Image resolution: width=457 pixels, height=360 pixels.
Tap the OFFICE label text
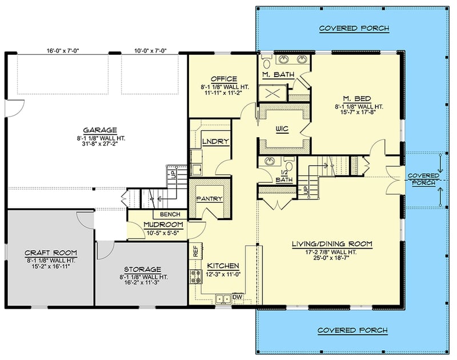point(220,79)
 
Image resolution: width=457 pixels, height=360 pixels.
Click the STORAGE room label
point(142,269)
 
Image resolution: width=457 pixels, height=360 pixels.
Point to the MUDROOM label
point(163,225)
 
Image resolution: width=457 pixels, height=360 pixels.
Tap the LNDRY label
point(216,141)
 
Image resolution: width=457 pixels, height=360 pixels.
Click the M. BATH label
point(275,75)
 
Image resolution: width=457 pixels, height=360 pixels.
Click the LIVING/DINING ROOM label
point(331,244)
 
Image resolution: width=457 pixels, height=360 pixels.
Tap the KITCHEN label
point(223,266)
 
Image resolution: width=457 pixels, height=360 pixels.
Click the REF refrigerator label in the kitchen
point(195,250)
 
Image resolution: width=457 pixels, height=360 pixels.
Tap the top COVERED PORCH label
point(354,28)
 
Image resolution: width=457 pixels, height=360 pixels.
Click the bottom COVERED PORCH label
point(352,330)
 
